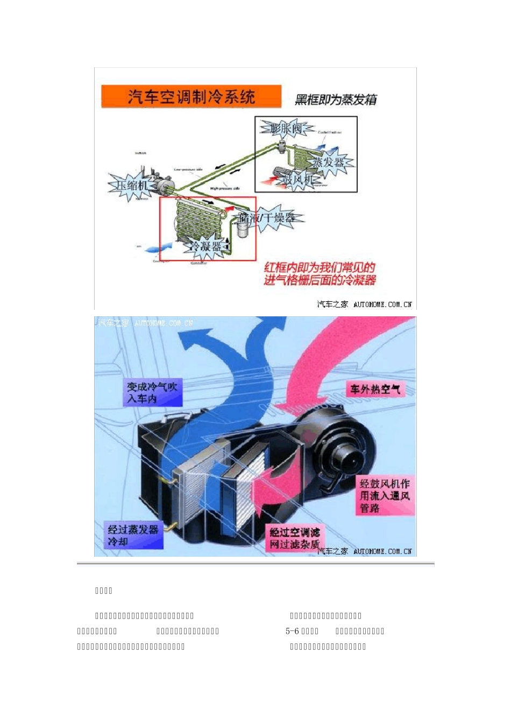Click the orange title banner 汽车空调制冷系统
[x=191, y=97]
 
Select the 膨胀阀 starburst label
[x=286, y=128]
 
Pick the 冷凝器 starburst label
[x=203, y=246]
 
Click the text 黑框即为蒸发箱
[x=336, y=100]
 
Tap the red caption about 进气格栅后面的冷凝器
[x=320, y=274]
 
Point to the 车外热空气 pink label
[x=375, y=389]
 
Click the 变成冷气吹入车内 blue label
[x=152, y=393]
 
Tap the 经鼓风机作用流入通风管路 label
[x=384, y=495]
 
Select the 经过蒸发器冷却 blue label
[x=133, y=535]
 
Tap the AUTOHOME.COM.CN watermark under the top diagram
[x=382, y=304]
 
